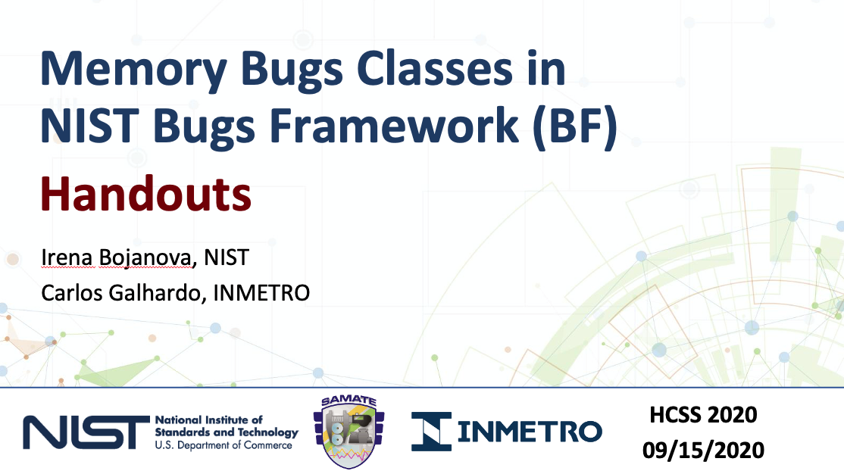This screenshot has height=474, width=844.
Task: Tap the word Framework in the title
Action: click(x=394, y=126)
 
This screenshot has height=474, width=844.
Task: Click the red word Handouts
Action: click(x=146, y=194)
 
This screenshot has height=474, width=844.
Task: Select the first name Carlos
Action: click(x=71, y=293)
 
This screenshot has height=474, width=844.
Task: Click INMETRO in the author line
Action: click(x=261, y=293)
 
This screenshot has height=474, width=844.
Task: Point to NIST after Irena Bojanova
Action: click(x=227, y=257)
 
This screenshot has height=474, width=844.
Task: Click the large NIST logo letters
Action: click(x=86, y=432)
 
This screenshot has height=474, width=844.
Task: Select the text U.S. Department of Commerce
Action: click(x=224, y=445)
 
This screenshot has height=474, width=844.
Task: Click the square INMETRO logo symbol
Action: click(x=432, y=432)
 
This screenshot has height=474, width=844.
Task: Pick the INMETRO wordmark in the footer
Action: click(x=530, y=432)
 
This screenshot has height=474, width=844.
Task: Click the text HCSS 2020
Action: click(x=704, y=415)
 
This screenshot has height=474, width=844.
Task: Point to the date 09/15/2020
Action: click(x=704, y=450)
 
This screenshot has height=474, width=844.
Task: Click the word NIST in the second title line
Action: click(x=89, y=126)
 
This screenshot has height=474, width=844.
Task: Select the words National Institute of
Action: click(x=209, y=419)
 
